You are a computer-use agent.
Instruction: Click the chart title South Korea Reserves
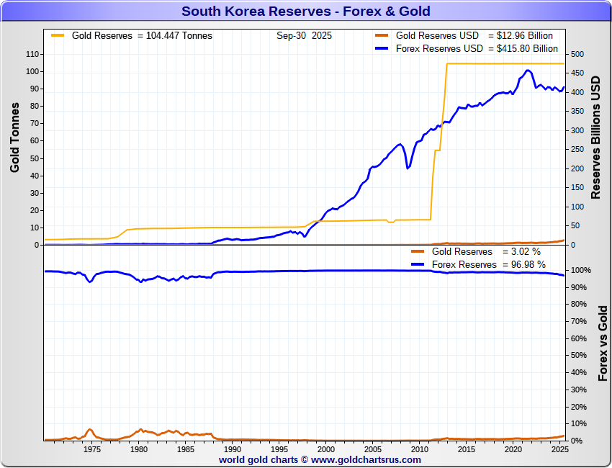305,11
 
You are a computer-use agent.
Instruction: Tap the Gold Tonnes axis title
14,138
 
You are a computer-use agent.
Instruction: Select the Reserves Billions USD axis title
595,137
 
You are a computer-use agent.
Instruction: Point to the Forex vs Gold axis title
603,343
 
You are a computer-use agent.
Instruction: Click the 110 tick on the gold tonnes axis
31,54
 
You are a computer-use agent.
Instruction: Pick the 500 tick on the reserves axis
577,54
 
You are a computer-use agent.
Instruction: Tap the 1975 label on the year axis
92,449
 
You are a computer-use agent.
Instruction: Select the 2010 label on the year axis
419,449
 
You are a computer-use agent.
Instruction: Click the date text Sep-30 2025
304,35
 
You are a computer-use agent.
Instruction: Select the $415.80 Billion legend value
527,48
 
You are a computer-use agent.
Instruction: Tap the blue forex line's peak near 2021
528,71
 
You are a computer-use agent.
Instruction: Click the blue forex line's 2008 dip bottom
408,168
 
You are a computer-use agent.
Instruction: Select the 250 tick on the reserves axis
577,149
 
